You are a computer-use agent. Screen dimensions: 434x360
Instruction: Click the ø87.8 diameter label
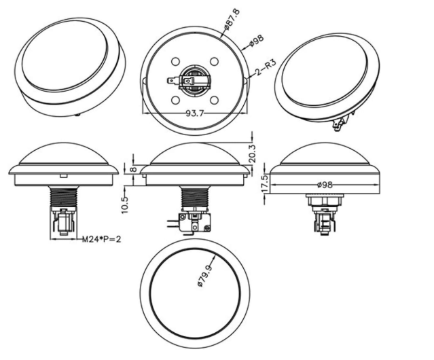tap(232, 20)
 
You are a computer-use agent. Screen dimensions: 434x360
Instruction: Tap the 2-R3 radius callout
tap(266, 67)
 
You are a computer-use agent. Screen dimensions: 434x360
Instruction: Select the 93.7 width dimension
tap(194, 113)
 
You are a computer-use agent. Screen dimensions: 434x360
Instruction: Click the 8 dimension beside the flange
tap(133, 169)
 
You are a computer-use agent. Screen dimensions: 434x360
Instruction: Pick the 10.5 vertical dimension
tap(125, 204)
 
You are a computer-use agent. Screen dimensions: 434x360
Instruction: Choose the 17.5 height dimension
tap(265, 183)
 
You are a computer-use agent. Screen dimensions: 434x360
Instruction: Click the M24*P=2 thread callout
tap(102, 239)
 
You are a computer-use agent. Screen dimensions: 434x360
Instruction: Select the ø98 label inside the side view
tap(325, 185)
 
